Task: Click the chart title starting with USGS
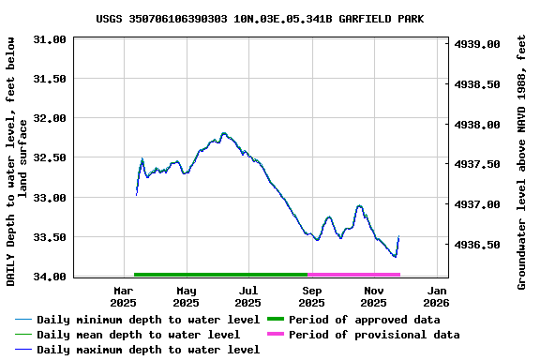pyautogui.click(x=272, y=19)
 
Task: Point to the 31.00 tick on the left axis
pyautogui.click(x=49, y=39)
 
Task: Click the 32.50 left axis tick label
pyautogui.click(x=49, y=158)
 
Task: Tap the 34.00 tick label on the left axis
pyautogui.click(x=49, y=277)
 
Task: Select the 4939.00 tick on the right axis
pyautogui.click(x=476, y=44)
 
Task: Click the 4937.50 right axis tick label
pyautogui.click(x=476, y=165)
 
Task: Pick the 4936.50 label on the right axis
pyautogui.click(x=476, y=245)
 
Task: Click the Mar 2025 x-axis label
pyautogui.click(x=124, y=296)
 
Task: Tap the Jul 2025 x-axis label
pyautogui.click(x=248, y=296)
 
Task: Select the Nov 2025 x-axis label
pyautogui.click(x=373, y=296)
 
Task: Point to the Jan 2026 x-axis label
pyautogui.click(x=436, y=296)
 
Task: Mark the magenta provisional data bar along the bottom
pyautogui.click(x=353, y=275)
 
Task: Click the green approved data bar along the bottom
pyautogui.click(x=220, y=275)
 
